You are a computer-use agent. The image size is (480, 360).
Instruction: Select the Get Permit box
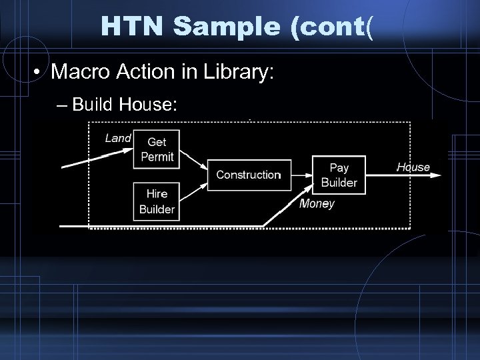pyautogui.click(x=157, y=149)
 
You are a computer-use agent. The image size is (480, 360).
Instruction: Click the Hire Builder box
pyautogui.click(x=157, y=201)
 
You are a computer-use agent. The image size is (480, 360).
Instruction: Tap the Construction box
pyautogui.click(x=249, y=175)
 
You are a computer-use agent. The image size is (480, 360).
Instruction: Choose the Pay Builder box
pyautogui.click(x=339, y=175)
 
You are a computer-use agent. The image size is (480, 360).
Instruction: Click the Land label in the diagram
pyautogui.click(x=118, y=139)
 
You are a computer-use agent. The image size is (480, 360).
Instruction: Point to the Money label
pyautogui.click(x=317, y=204)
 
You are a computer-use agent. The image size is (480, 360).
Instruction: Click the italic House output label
pyautogui.click(x=413, y=167)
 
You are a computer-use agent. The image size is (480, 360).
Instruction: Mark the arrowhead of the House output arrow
pyautogui.click(x=437, y=175)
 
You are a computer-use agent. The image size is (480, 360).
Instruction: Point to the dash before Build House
pyautogui.click(x=62, y=105)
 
